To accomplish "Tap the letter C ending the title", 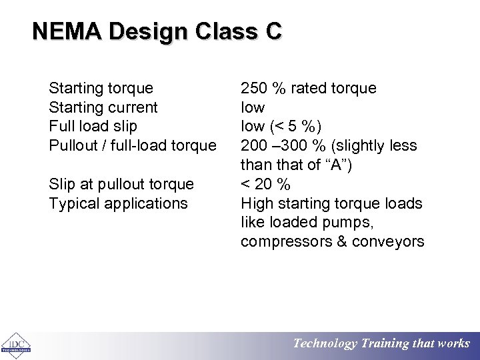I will click(274, 31).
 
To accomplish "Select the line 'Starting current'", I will click(103, 107).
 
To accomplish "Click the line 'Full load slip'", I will click(93, 126).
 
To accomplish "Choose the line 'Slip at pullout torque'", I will click(121, 184).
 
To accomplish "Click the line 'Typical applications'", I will click(118, 203).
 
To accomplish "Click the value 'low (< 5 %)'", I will click(281, 126).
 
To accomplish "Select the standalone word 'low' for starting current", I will click(253, 107).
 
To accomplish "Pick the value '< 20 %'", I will click(265, 184).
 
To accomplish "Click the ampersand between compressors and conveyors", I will click(341, 241).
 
